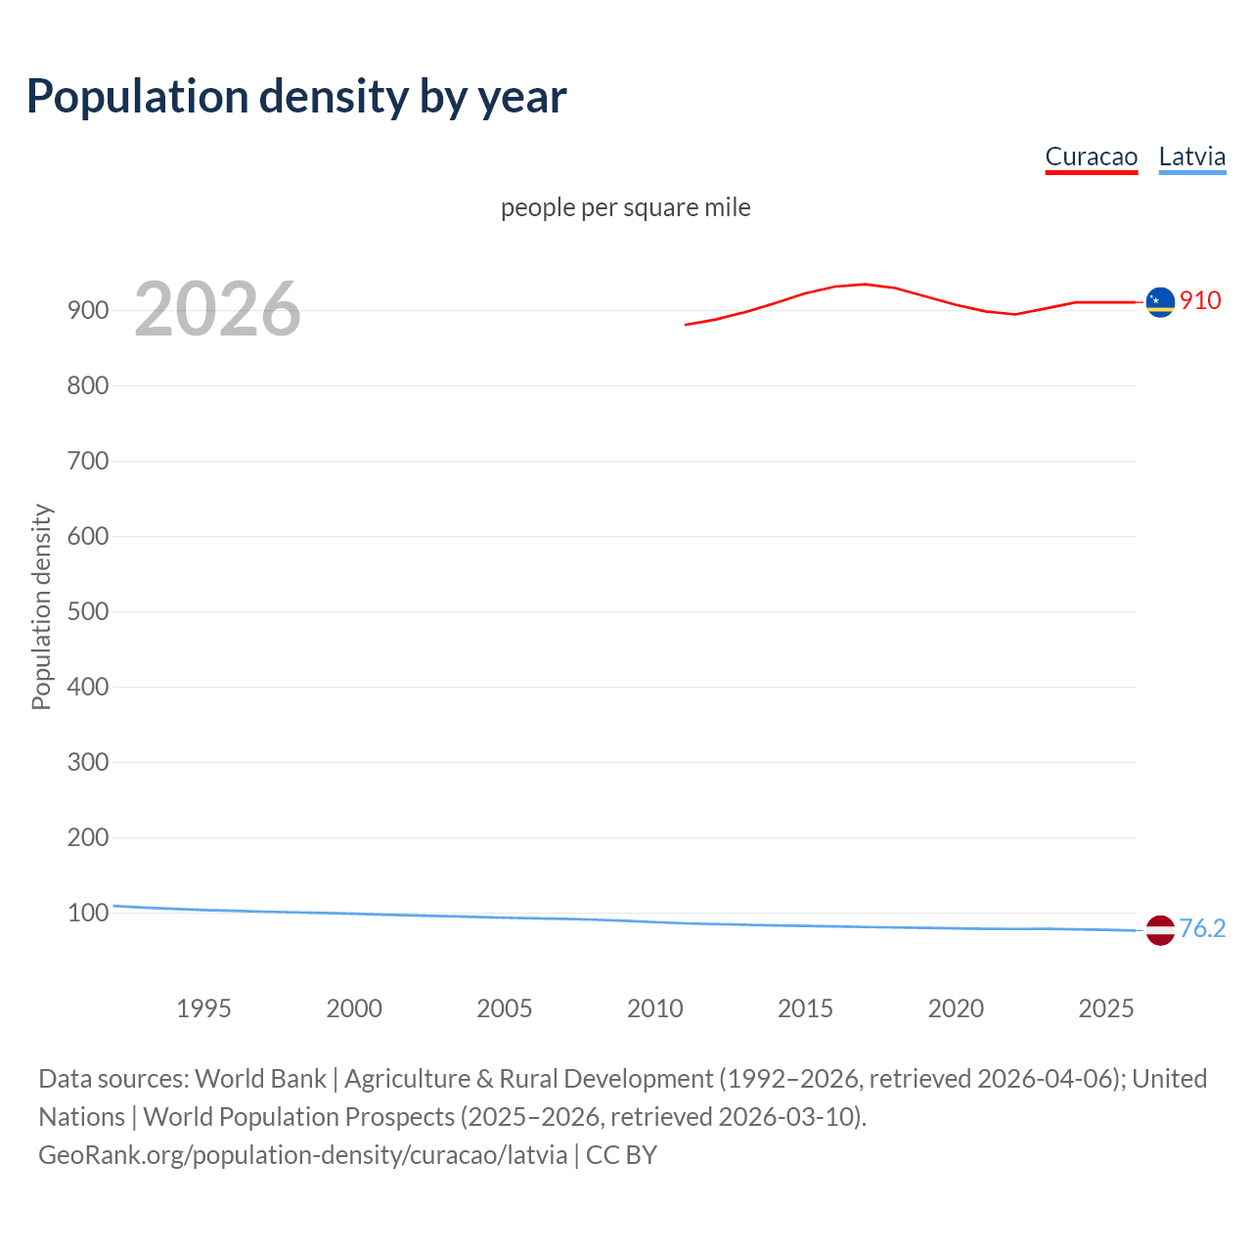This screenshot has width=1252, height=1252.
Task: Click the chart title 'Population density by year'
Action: (296, 97)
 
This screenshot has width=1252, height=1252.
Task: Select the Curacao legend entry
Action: (1091, 157)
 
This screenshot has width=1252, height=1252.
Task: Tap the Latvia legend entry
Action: (1191, 157)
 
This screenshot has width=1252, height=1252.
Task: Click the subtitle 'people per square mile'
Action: (625, 208)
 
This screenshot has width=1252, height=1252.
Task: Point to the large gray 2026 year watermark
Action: (217, 310)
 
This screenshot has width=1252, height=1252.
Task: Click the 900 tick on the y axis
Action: (88, 311)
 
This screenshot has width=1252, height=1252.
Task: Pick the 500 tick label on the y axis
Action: (88, 612)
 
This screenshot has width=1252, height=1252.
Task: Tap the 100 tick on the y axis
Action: (88, 914)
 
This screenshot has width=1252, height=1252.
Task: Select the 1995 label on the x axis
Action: (203, 1008)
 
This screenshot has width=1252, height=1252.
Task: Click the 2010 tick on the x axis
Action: (654, 1008)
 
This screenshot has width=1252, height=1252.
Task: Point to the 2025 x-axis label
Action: (1105, 1008)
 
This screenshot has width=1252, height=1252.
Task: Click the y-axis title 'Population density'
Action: (41, 606)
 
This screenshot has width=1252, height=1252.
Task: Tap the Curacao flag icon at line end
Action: (1160, 302)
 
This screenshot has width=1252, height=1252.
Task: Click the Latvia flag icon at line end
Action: (1160, 930)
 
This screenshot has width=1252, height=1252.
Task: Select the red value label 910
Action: (1200, 301)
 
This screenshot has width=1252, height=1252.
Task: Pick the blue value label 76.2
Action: (1202, 929)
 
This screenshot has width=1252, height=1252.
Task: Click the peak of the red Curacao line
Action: (865, 284)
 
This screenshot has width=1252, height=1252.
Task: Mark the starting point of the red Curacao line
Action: (686, 325)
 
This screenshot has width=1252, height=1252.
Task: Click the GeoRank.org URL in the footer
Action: (302, 1155)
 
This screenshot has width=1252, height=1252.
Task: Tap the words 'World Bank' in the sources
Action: (260, 1079)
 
